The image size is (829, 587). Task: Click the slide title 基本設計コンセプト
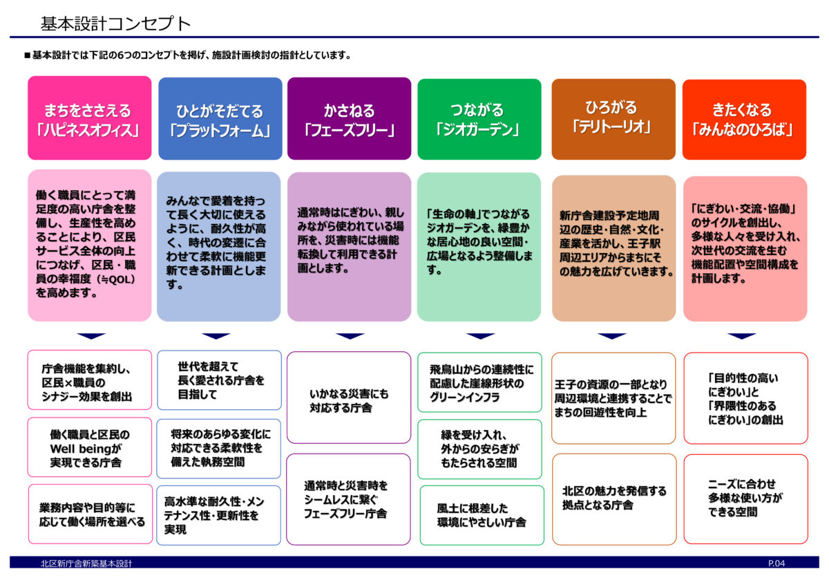(115, 24)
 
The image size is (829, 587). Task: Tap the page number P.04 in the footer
(776, 563)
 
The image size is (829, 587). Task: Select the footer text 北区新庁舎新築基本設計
(86, 563)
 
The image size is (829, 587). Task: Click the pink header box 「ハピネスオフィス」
(90, 118)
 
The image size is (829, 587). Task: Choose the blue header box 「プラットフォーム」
(220, 118)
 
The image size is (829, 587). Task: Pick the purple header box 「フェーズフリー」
(349, 118)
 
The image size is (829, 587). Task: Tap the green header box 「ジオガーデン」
(479, 119)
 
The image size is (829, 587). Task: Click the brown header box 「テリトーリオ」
(613, 119)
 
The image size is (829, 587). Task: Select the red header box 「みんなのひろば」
(744, 120)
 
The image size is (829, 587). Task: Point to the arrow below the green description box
(480, 335)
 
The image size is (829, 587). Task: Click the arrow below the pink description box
(91, 335)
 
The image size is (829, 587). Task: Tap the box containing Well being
(90, 447)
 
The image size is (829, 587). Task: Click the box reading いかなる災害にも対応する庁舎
(349, 398)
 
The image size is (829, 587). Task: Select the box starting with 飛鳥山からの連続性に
(479, 382)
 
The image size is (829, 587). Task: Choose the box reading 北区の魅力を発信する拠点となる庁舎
(614, 499)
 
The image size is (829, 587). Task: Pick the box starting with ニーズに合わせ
(745, 499)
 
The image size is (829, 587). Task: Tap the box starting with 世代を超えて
(219, 380)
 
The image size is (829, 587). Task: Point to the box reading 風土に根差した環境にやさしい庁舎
(482, 515)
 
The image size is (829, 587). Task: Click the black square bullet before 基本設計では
(27, 55)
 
